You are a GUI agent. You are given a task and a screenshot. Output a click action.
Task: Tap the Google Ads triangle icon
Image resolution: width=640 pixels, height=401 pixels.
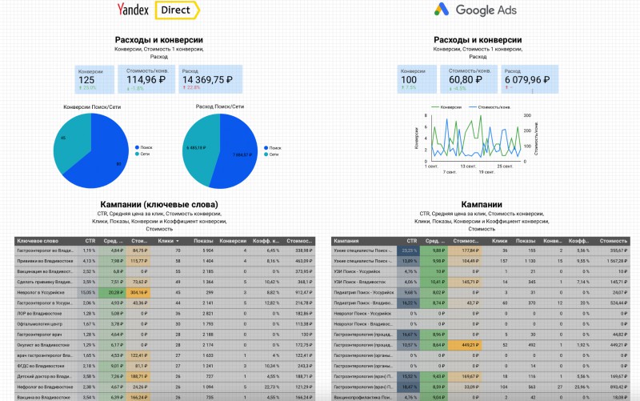441,10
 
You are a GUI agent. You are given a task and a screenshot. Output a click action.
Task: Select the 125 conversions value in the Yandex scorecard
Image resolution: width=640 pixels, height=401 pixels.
86,80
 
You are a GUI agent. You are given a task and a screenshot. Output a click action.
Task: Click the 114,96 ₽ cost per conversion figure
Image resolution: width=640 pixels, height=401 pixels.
146,79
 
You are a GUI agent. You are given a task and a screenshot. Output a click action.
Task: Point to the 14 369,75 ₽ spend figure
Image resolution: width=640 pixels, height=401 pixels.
207,80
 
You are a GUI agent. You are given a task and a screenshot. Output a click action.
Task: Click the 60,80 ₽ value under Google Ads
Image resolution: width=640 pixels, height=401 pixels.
466,79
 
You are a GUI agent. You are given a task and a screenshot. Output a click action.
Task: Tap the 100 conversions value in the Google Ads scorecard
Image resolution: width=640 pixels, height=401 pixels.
410,80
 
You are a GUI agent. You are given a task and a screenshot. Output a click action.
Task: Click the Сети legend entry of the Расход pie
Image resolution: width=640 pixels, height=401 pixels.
276,154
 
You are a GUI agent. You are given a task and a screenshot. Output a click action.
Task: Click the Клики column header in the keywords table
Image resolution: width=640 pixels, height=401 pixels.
167,240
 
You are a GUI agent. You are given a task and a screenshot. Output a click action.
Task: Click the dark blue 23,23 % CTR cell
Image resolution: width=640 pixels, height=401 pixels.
409,251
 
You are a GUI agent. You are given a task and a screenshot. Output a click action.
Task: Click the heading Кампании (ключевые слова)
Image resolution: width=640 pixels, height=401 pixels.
159,204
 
